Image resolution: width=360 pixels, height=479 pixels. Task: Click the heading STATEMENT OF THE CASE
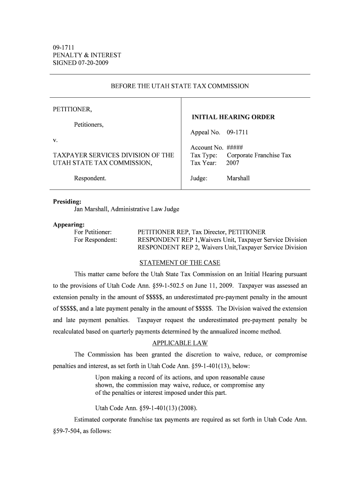[180, 262]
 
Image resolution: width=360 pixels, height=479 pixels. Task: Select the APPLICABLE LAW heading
[180, 343]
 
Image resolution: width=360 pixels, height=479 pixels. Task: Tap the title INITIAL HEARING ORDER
[233, 117]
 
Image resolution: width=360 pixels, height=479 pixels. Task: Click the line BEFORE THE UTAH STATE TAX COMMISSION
[180, 86]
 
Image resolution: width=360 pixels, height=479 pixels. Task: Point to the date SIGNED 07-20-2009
[80, 63]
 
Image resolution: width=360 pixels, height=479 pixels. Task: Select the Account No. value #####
[234, 147]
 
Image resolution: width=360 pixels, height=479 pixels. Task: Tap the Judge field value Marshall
[238, 178]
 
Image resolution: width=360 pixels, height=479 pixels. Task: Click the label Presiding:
[67, 202]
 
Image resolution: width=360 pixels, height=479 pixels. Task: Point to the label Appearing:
[68, 225]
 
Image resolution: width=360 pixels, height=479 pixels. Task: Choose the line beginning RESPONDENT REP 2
[222, 247]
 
